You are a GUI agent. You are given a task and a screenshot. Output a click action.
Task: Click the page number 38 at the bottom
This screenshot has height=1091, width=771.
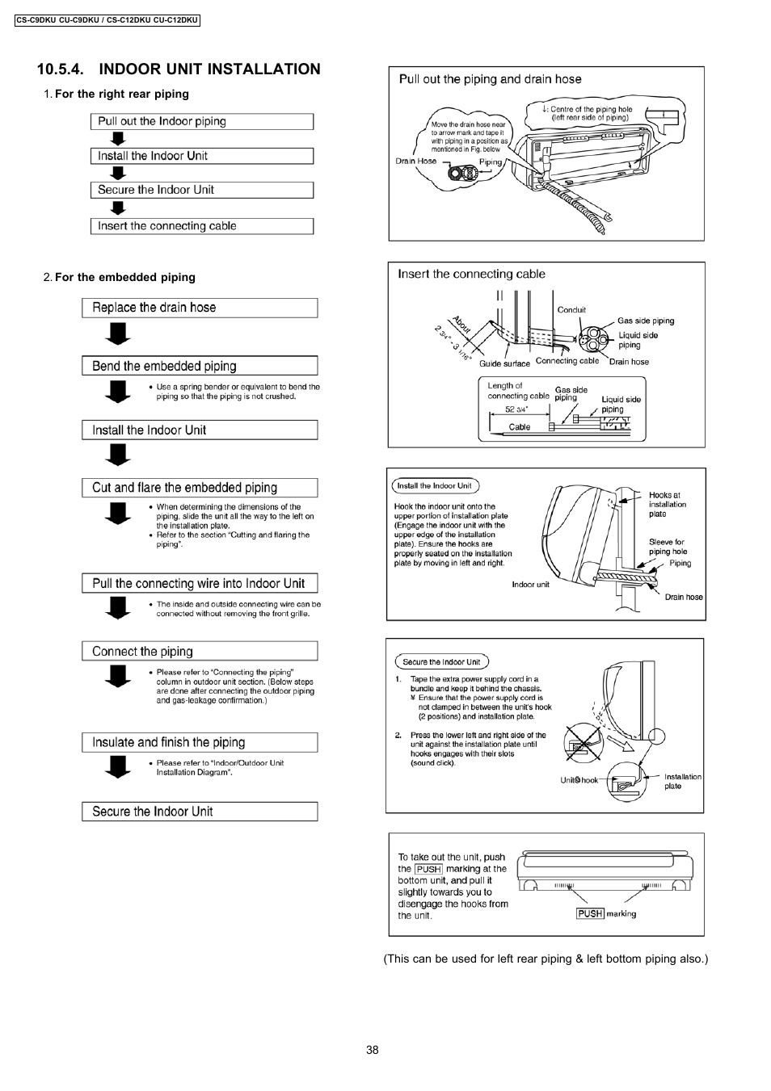tap(372, 1050)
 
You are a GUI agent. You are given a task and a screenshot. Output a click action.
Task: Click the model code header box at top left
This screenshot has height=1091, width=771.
tap(107, 20)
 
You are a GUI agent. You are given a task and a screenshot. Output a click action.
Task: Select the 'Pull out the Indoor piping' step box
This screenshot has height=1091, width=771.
tap(201, 122)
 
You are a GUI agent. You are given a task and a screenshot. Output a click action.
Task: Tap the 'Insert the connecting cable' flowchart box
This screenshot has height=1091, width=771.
tap(201, 226)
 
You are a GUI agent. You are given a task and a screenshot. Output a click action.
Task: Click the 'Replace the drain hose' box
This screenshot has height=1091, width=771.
tap(199, 308)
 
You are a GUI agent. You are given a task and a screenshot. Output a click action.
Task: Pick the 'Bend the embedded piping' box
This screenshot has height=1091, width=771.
tap(199, 366)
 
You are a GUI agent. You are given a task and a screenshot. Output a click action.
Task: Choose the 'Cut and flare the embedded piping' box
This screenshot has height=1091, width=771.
tap(199, 488)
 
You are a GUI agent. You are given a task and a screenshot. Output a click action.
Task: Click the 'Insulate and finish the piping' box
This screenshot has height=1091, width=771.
tap(199, 742)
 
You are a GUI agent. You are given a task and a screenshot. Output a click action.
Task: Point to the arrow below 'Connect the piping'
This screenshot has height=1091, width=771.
tap(119, 675)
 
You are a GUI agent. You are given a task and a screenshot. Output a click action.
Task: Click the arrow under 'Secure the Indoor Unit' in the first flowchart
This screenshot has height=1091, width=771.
tap(119, 208)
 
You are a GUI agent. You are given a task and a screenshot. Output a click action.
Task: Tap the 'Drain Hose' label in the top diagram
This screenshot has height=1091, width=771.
tap(415, 161)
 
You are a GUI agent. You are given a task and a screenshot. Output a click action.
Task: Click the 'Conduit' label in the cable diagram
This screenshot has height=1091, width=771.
tap(571, 310)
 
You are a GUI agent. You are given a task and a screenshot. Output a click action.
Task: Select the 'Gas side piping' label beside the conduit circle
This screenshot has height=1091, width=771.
tap(645, 321)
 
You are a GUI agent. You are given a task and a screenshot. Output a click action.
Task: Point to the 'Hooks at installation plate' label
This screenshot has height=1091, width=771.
tap(667, 504)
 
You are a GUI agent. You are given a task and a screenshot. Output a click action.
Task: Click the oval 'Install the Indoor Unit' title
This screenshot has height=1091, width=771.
tap(435, 486)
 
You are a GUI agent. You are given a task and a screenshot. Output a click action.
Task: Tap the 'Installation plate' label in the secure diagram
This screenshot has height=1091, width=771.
tap(682, 781)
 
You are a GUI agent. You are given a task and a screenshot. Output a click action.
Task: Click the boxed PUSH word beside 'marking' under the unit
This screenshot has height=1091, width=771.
tap(590, 913)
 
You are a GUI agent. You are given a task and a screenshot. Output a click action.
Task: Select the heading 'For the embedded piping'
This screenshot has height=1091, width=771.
tap(124, 277)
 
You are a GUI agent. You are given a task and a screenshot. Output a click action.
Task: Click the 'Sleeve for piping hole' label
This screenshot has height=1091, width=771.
tap(667, 547)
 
